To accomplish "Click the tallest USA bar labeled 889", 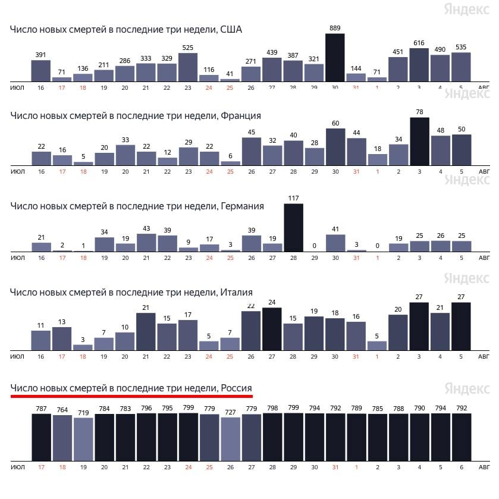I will point(335,58).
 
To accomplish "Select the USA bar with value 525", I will point(188,67).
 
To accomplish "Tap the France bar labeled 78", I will point(419,142).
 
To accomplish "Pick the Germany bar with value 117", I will point(293,228).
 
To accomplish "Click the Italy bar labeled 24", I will point(272,328).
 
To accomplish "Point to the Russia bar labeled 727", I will point(230,438).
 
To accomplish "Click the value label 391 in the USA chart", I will point(40,55).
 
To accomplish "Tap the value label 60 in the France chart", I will point(335,124).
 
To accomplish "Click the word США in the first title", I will point(231,30).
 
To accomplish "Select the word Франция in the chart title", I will point(241,115).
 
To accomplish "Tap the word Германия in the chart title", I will point(242,206).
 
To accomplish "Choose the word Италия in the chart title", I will point(237,292).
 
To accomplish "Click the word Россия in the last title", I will point(237,388).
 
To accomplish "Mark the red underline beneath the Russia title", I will point(131,396).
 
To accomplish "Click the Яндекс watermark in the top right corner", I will point(466,9).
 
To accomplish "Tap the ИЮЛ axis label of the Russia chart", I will point(17,467).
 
